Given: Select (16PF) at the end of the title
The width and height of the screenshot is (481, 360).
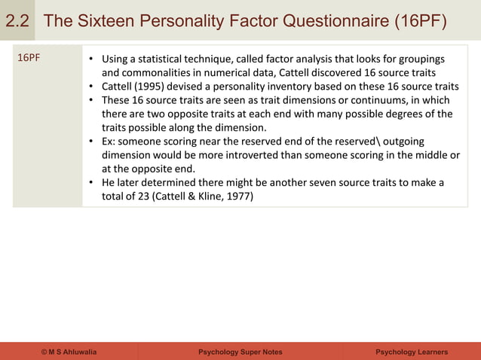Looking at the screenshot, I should pos(419,21).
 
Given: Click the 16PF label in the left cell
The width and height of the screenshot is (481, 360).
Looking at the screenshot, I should pos(29,59).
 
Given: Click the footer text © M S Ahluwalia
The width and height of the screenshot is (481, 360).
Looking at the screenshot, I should pos(69,352).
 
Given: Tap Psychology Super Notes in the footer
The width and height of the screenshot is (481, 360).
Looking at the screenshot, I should pos(240,352).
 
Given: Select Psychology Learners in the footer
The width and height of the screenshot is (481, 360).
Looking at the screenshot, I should pos(412,352).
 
